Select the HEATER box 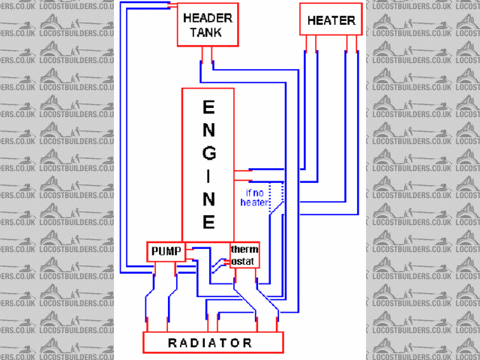coord(331,19)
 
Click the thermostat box coord(244,255)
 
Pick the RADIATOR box coord(214,343)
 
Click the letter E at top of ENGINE coord(209,107)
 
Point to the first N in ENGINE coord(209,130)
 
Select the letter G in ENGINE coord(209,152)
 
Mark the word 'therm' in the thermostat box coord(245,250)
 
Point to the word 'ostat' coord(244,261)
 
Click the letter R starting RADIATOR coord(172,343)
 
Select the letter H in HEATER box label coord(312,20)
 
